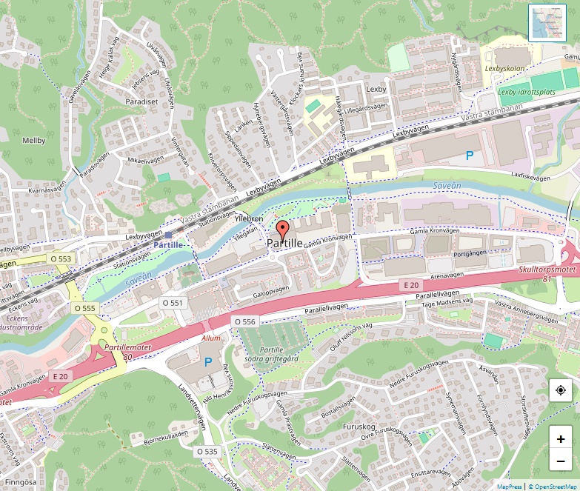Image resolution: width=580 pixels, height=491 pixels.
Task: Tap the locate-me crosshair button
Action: coord(560,390)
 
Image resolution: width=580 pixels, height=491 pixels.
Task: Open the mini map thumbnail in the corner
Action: coord(547,23)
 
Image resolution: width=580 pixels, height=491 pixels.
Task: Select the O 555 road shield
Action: coord(85,307)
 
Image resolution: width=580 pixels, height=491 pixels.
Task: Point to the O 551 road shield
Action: coord(172,303)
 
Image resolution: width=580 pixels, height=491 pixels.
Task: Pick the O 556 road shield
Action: coord(244,321)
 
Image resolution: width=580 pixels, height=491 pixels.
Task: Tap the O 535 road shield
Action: coord(207,451)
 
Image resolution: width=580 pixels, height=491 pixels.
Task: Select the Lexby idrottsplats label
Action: coord(527,93)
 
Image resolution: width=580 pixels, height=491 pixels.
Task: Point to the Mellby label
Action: coord(34,140)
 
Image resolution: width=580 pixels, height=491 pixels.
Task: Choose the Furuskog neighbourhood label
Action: coord(361,427)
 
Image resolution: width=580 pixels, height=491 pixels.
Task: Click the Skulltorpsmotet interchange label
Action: coord(547,271)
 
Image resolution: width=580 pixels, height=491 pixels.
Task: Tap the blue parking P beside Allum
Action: coord(208,362)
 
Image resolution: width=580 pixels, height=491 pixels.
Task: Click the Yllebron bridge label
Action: coord(248,220)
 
